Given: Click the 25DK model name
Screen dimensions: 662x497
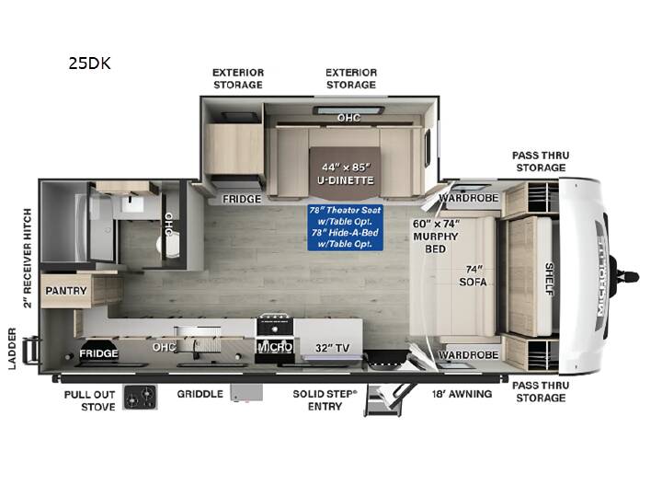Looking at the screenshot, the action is click(x=89, y=64).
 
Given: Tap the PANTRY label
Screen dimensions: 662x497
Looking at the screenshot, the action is click(x=66, y=291).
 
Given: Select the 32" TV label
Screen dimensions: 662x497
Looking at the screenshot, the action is click(x=332, y=348).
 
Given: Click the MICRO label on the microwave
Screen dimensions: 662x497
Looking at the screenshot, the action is click(x=275, y=347).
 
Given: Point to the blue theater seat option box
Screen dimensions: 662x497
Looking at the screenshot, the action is click(x=346, y=227).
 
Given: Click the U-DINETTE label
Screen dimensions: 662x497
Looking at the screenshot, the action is click(x=346, y=180).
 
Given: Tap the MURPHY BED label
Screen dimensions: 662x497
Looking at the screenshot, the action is click(x=436, y=243).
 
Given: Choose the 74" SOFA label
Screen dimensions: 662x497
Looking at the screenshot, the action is click(x=474, y=275).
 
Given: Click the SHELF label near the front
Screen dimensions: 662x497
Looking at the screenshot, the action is click(x=549, y=279).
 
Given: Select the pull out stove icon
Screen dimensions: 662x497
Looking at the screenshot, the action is click(x=140, y=397).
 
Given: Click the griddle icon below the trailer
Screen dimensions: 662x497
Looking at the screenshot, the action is click(x=246, y=393).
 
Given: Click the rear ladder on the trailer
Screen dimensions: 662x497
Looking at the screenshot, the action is click(x=30, y=351).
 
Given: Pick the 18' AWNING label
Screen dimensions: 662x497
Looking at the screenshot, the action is click(x=462, y=394).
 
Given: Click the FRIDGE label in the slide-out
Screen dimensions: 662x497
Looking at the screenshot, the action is click(x=242, y=199).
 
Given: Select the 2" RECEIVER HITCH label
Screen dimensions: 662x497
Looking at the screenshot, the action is click(x=28, y=259).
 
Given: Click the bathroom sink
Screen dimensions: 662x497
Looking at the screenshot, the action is click(x=132, y=204).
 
